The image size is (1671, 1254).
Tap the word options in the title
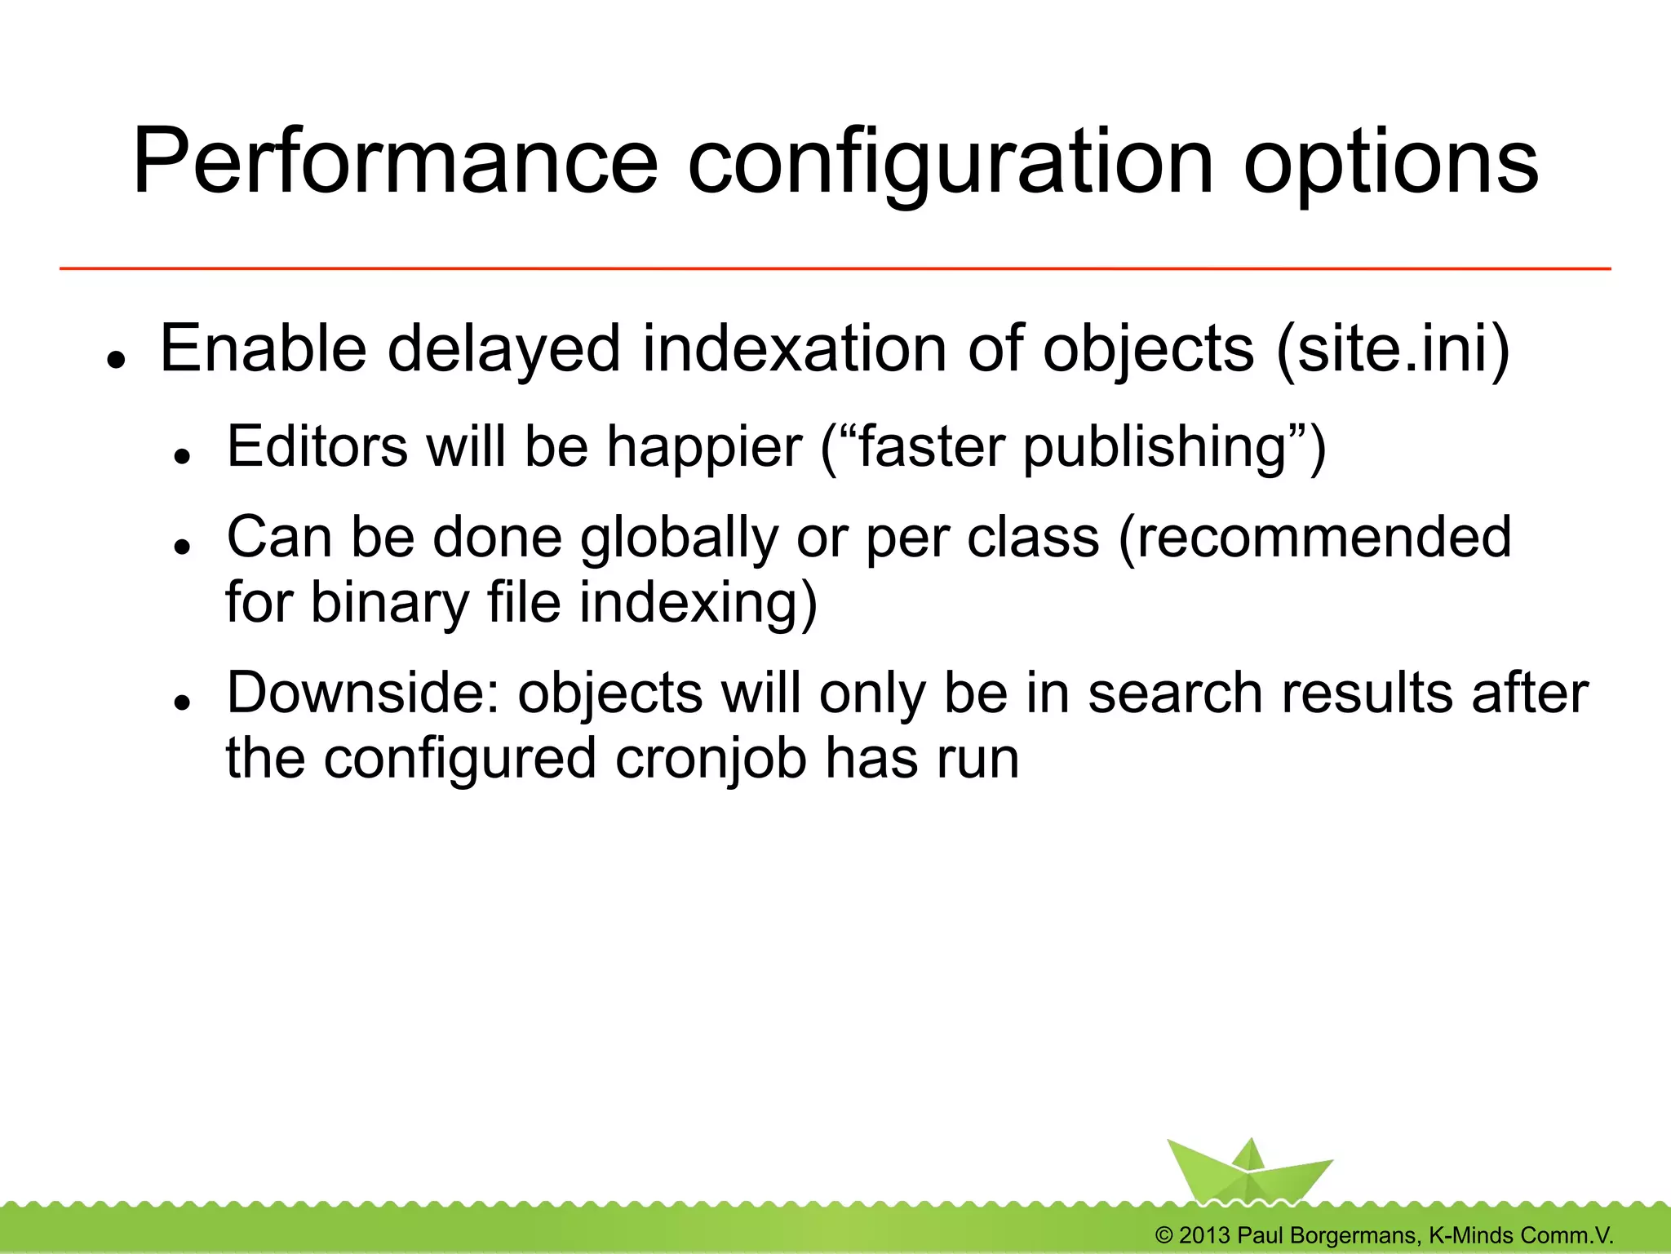(x=1390, y=163)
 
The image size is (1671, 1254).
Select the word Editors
(x=317, y=447)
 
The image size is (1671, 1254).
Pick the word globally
(x=679, y=538)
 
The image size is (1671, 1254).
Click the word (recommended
(x=1314, y=538)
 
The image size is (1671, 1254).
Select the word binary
(x=390, y=603)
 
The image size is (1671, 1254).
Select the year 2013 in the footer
(x=1203, y=1235)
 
